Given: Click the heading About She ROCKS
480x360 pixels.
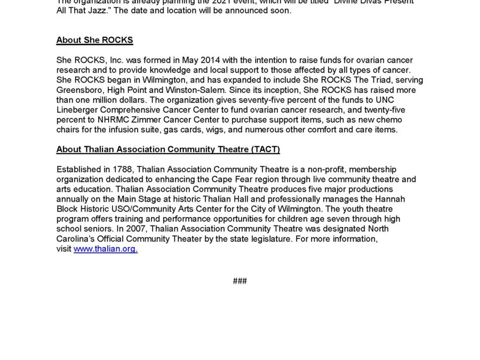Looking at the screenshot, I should point(94,41).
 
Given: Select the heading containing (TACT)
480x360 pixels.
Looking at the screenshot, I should point(168,149).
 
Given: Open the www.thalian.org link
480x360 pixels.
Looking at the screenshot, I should point(106,249).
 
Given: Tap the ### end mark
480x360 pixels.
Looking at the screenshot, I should point(240,281).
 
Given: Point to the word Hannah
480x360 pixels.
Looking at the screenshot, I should point(391,199).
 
